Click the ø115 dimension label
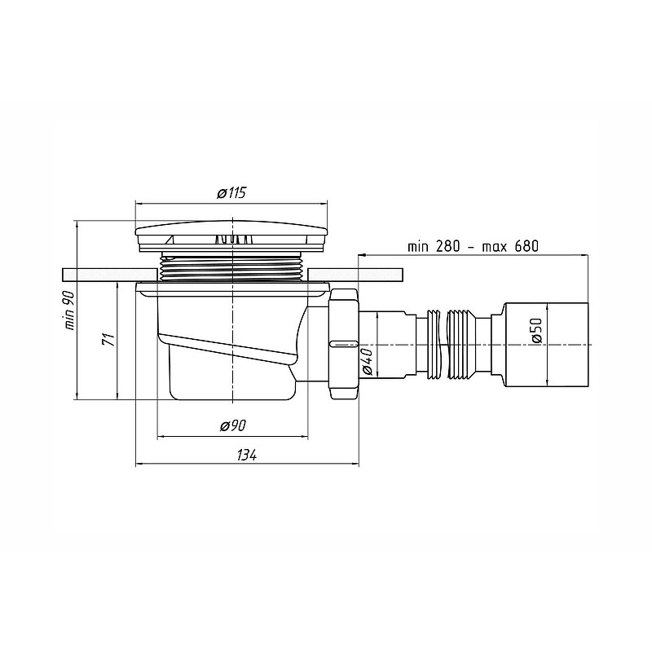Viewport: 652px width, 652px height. click(232, 193)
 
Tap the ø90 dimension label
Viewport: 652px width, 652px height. click(233, 425)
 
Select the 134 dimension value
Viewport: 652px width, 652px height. click(247, 456)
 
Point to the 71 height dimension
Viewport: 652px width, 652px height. click(108, 339)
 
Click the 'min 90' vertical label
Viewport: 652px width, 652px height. click(69, 311)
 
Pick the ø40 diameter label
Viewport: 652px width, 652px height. click(368, 361)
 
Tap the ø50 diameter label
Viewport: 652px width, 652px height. click(537, 330)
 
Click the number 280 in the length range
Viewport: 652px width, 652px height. click(447, 246)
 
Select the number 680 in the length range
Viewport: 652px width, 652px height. click(526, 246)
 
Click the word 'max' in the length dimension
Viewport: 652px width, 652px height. click(495, 248)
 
